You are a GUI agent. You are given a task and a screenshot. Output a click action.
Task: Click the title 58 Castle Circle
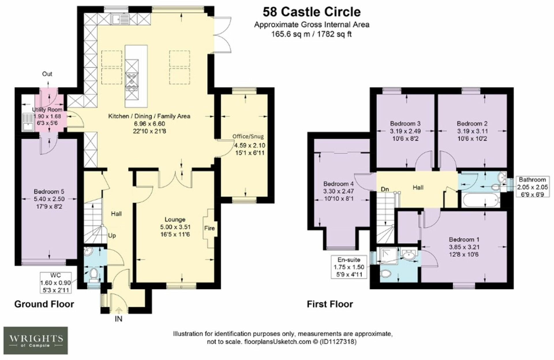tap(312, 12)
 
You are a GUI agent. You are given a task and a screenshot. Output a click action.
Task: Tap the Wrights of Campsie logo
tap(36, 340)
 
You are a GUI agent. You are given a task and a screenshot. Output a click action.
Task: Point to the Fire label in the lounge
tap(209, 228)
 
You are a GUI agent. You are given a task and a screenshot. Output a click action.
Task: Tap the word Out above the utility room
tap(47, 74)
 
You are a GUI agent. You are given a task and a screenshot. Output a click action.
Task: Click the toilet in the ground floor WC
tap(93, 275)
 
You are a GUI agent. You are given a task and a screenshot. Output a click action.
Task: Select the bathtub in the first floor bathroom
tap(481, 200)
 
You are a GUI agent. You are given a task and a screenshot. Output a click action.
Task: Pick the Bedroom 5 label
tap(49, 192)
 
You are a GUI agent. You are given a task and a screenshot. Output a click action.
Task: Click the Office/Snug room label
tap(248, 136)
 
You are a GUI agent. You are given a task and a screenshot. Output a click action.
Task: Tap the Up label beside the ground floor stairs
tap(112, 235)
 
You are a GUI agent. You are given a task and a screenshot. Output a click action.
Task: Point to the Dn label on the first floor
tap(385, 189)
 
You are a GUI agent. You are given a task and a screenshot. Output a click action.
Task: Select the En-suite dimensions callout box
tap(349, 267)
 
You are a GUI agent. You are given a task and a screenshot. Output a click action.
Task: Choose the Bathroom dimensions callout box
tap(533, 187)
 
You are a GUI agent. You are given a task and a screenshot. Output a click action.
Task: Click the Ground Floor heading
tap(44, 304)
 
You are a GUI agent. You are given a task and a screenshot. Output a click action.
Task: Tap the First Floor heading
tap(330, 304)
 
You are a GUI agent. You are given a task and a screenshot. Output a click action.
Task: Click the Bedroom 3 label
tap(405, 123)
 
